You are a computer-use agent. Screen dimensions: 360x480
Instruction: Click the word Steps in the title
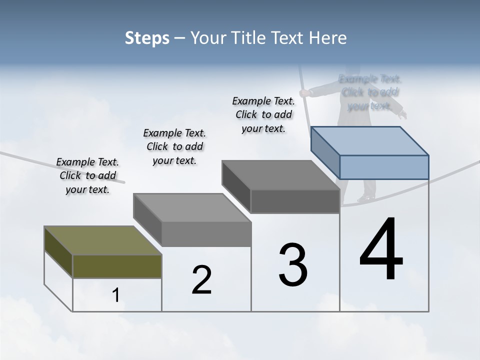click(147, 38)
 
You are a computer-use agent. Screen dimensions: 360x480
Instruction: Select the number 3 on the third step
click(293, 264)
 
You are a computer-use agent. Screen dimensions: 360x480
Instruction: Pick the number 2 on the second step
click(201, 280)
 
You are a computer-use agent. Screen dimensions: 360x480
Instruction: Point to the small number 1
click(116, 295)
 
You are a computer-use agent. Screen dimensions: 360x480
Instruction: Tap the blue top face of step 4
click(370, 140)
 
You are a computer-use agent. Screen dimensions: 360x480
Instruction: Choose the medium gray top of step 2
click(192, 207)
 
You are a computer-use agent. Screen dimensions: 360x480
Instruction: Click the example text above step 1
click(87, 175)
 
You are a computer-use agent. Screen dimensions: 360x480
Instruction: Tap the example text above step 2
click(174, 146)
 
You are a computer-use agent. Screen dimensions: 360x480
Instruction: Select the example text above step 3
click(263, 114)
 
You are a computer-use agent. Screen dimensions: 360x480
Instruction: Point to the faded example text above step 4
click(370, 92)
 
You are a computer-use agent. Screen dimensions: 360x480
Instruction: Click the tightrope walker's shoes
click(366, 198)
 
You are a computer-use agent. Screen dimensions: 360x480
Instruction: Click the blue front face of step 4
click(384, 167)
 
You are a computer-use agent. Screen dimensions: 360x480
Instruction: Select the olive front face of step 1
click(117, 266)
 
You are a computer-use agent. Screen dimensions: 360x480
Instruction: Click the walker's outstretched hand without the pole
click(402, 114)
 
